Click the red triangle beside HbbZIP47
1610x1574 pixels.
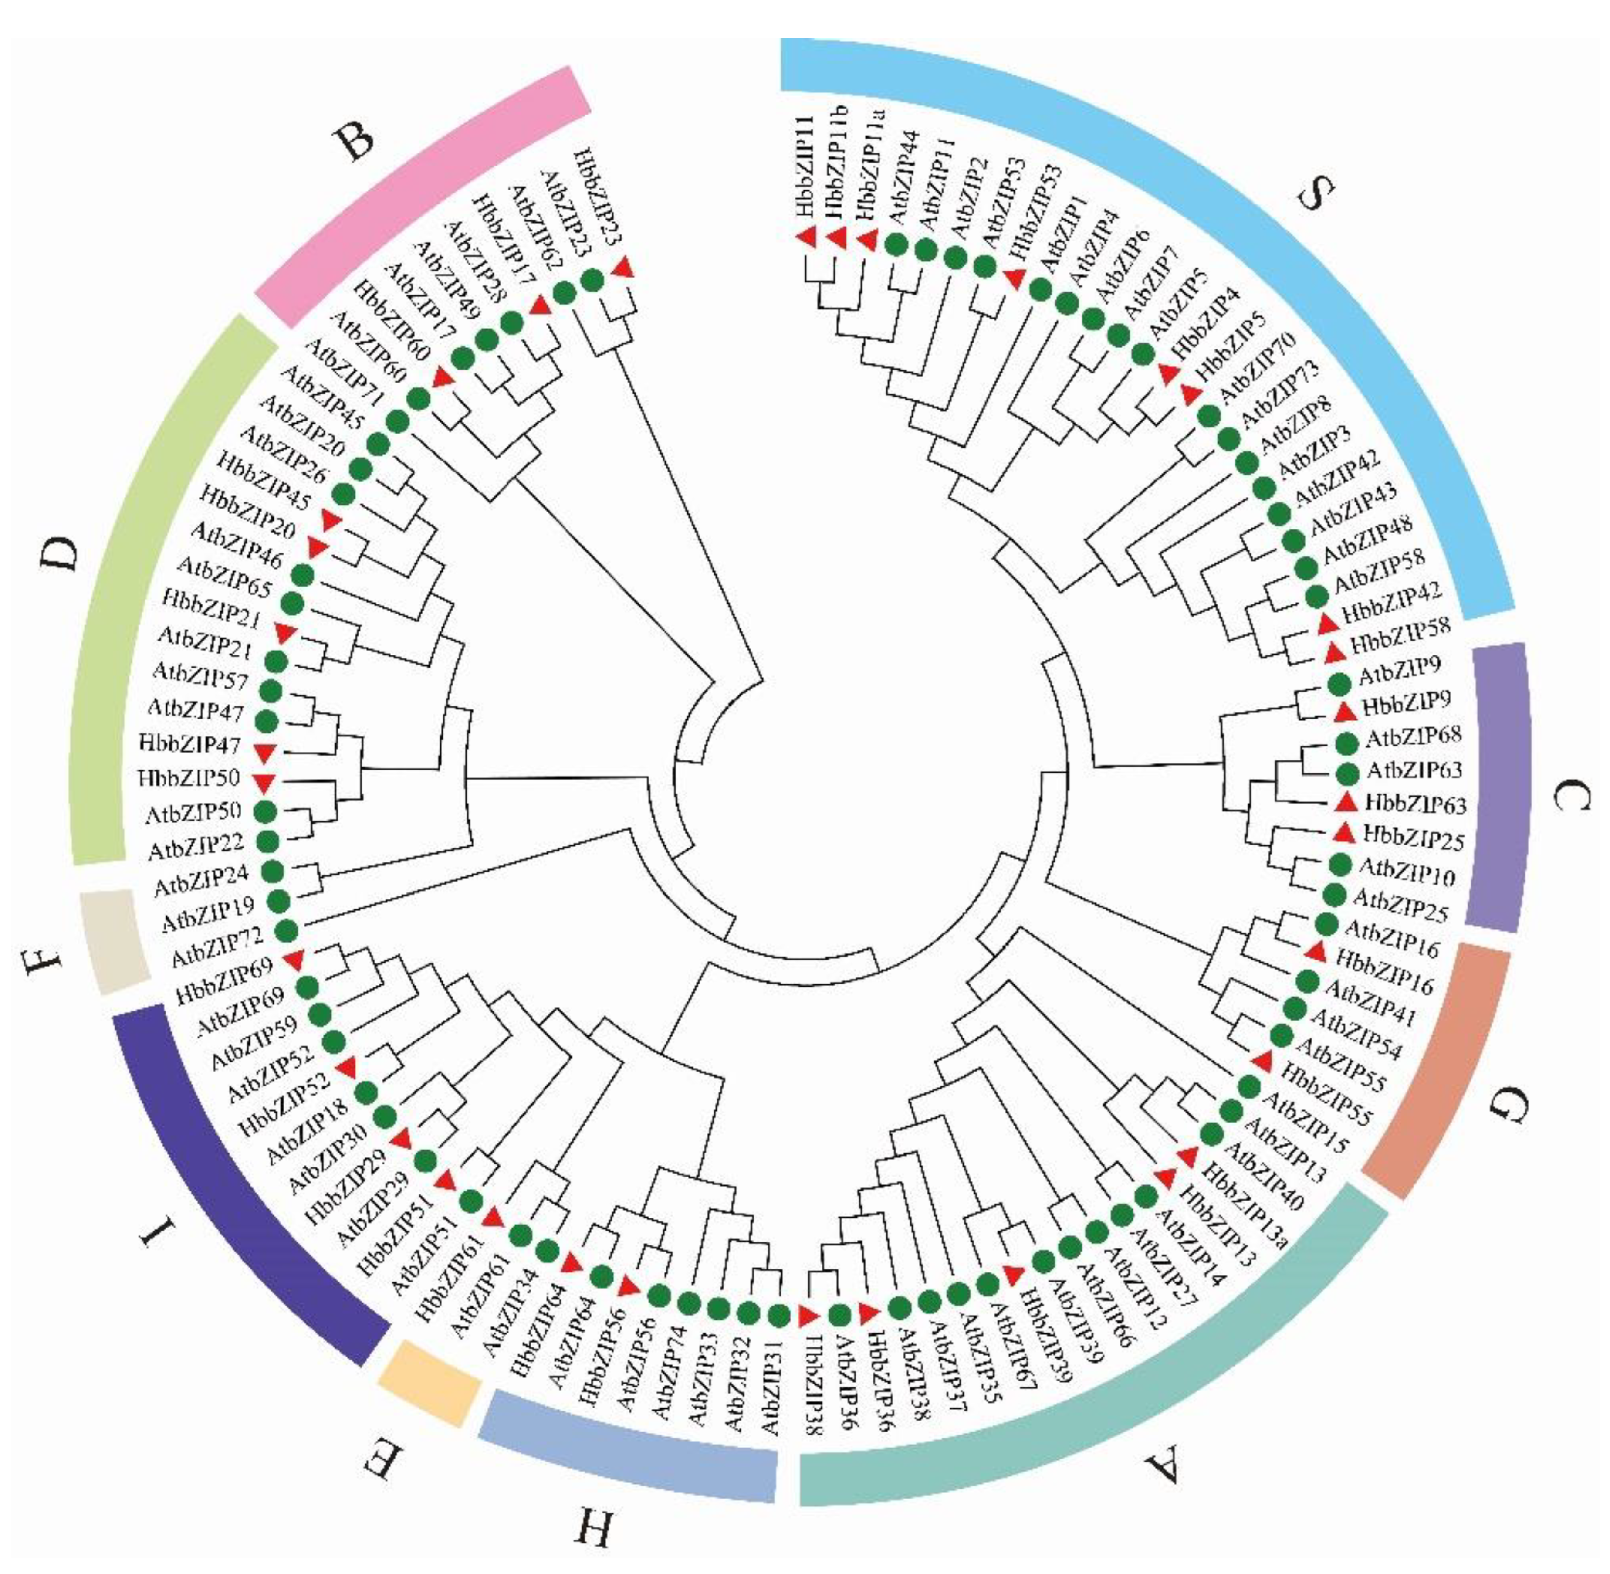coord(264,751)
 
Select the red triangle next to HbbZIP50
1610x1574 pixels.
coord(264,781)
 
